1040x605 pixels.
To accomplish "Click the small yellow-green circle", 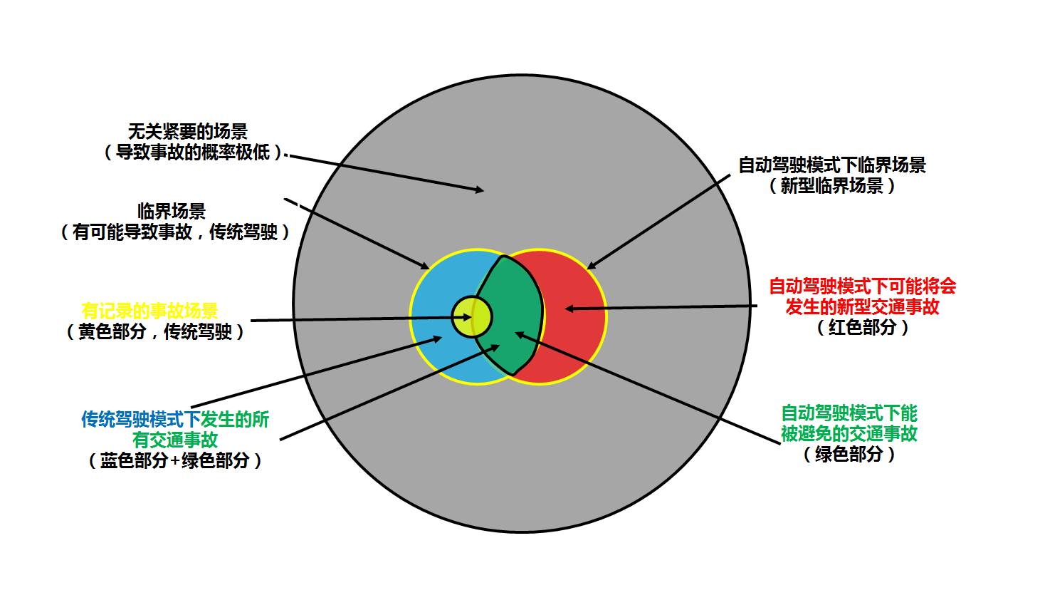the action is (472, 316).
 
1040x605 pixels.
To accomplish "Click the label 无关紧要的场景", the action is (187, 132).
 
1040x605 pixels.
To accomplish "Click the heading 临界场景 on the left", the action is (172, 211).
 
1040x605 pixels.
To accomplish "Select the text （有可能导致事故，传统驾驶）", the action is (175, 232).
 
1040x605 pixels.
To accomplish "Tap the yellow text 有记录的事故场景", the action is (149, 311).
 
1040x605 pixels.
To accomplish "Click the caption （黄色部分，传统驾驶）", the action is (155, 332).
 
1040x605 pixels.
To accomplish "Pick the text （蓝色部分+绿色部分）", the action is (175, 460).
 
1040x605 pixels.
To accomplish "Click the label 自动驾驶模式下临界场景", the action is (831, 165).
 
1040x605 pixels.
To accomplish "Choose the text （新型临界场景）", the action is (831, 186).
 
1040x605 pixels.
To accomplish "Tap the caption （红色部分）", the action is (863, 328).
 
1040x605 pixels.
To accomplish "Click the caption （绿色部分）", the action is (849, 454).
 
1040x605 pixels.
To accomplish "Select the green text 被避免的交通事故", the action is (849, 433).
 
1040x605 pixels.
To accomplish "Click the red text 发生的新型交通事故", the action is (863, 307).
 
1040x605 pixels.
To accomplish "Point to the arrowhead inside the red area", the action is (568, 309).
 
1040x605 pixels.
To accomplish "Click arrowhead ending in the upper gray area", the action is (480, 190).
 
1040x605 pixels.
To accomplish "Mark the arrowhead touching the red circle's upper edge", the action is (590, 267).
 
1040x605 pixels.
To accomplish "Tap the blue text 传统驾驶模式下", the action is (141, 420).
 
